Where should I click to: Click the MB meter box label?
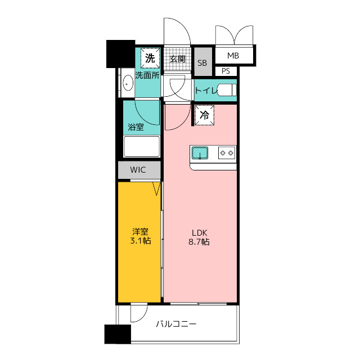coord(233,56)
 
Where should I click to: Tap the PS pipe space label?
coord(226,71)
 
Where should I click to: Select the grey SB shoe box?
coord(203,61)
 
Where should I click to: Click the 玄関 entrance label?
coord(178,59)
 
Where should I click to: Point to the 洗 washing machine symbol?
coord(150,58)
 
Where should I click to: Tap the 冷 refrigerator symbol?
coord(204,115)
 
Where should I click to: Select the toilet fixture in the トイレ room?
coord(227,90)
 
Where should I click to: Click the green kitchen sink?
coord(200,153)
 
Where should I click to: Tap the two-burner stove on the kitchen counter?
coord(227,152)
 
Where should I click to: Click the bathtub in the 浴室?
coord(141,146)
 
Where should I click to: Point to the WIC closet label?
coord(138,170)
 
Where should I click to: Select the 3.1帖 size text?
coord(141,241)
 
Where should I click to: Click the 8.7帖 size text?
coord(199,242)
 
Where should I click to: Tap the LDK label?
coord(200,233)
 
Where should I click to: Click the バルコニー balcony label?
coord(176,324)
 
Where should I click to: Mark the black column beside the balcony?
coord(118,334)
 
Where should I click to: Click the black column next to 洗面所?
coord(120,54)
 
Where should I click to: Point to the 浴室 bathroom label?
coord(136,127)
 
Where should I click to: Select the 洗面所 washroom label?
coord(147,75)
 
